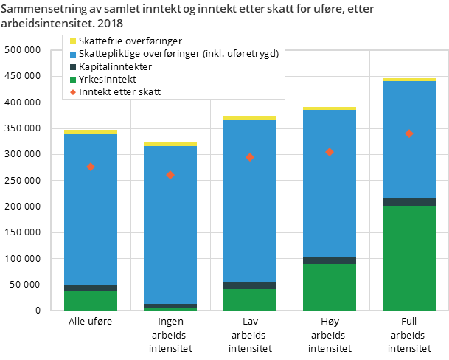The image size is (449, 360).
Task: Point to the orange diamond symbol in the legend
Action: pos(72,92)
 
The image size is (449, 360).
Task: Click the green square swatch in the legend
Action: pos(72,79)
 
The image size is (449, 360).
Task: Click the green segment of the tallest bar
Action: pos(408,258)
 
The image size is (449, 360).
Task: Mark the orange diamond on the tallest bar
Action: pos(408,134)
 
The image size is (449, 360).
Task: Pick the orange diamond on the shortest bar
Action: pos(170,175)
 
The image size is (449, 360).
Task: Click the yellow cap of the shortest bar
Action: pos(170,144)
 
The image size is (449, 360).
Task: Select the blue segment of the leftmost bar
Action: pos(91,209)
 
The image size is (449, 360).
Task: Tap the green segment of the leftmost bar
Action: pos(91,300)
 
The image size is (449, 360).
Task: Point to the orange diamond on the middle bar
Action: pos(250,157)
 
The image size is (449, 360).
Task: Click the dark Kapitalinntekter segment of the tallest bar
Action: pos(408,201)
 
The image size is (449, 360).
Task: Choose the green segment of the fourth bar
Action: pos(330,287)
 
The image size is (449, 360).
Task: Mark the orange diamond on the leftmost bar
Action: pos(91,167)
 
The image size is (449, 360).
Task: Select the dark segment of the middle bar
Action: pos(250,285)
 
